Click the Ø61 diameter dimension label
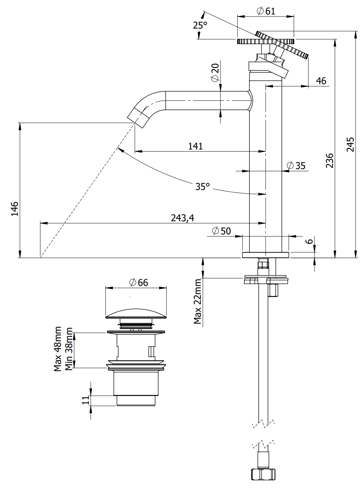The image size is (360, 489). (x=266, y=11)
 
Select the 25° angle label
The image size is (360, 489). (x=200, y=25)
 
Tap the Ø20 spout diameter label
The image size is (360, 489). (x=215, y=72)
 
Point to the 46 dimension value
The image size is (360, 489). (x=321, y=81)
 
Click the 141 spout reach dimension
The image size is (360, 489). (x=195, y=146)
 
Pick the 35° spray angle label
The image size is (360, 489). (x=202, y=186)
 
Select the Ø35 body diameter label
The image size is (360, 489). (x=296, y=166)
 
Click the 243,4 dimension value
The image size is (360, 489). (x=182, y=218)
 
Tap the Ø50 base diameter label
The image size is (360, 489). (x=221, y=231)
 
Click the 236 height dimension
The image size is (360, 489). (x=329, y=160)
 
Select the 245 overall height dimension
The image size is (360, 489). (x=350, y=144)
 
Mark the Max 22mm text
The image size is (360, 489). (x=198, y=301)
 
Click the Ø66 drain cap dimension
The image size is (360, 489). (x=139, y=283)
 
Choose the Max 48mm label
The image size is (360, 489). (x=58, y=349)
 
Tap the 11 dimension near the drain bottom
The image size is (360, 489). (x=86, y=400)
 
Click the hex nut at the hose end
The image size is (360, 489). (x=263, y=474)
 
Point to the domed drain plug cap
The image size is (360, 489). (x=136, y=313)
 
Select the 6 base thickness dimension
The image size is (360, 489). (x=309, y=241)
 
